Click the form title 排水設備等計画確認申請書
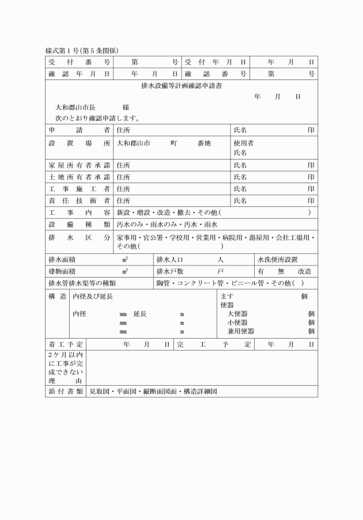181,86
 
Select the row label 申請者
79,131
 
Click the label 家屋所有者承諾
79,165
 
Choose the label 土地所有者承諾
79,177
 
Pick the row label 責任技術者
79,200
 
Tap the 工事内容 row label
79,212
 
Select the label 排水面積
62,260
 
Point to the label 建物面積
62,271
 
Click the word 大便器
237,314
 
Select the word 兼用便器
241,331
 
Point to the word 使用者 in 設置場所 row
243,143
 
